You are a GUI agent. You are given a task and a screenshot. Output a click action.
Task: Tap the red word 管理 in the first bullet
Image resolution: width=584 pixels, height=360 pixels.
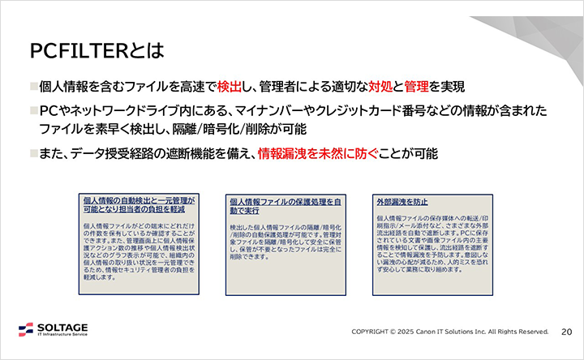416,87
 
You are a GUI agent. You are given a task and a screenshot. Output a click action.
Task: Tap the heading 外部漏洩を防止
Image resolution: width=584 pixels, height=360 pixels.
402,200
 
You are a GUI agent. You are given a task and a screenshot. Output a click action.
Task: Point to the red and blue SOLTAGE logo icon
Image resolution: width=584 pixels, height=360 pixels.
27,330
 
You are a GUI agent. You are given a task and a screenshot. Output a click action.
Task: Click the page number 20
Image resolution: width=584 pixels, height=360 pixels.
567,331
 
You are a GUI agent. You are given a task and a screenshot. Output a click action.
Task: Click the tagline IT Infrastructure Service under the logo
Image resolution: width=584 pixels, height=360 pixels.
63,335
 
